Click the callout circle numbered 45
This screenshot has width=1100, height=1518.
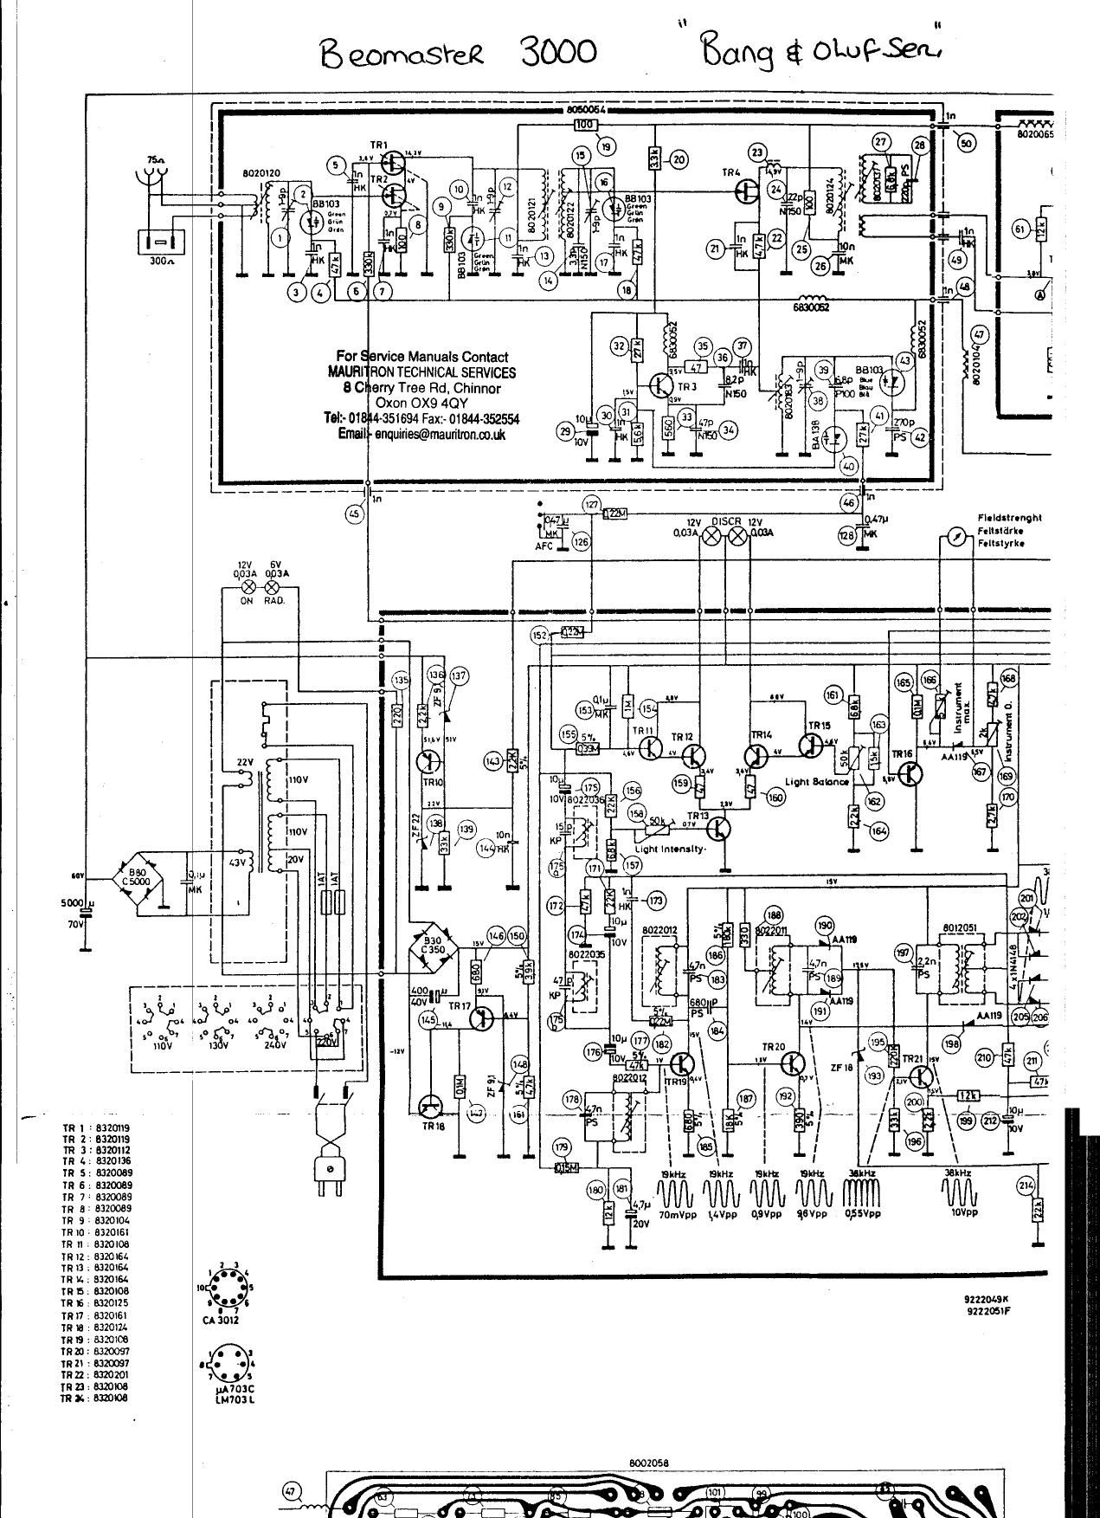pyautogui.click(x=353, y=514)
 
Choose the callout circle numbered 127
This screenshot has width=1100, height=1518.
pyautogui.click(x=590, y=503)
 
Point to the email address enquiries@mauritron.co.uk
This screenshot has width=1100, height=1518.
pyautogui.click(x=421, y=435)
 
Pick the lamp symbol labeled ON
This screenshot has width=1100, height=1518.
pyautogui.click(x=247, y=587)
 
